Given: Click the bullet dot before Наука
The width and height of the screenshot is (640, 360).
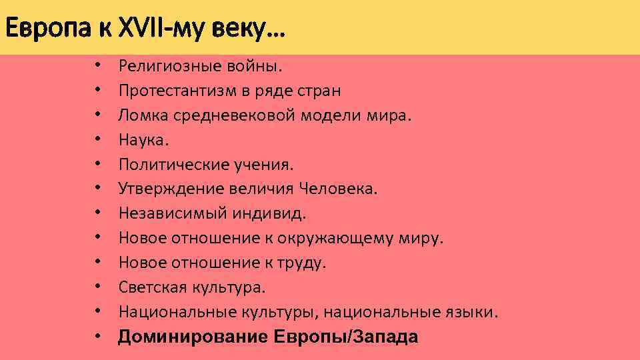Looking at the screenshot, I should (97, 140).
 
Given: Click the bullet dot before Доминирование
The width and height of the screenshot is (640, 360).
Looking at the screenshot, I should (97, 337).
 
